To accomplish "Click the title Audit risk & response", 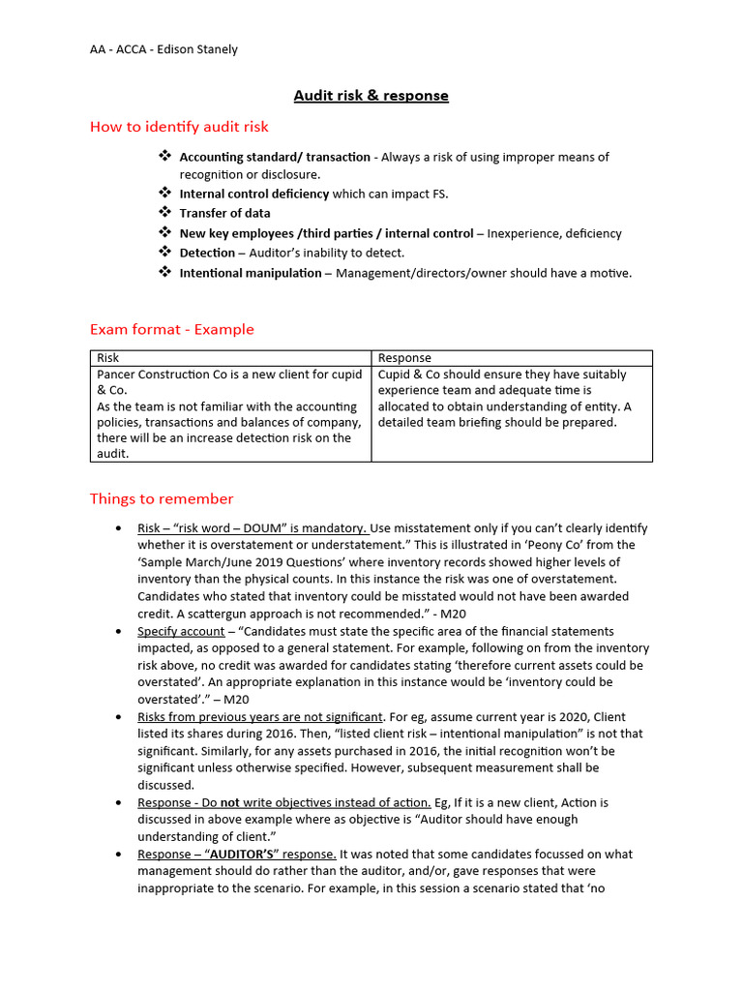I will (x=371, y=95).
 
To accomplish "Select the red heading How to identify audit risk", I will (x=179, y=127).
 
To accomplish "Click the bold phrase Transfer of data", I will (x=224, y=213).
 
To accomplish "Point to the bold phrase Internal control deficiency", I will (x=254, y=194).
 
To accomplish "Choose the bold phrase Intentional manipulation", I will (x=251, y=273).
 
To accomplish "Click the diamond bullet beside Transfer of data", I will (x=164, y=213).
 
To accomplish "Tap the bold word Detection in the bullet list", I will (x=207, y=253).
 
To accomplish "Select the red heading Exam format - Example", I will (x=172, y=329).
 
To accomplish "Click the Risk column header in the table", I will (x=108, y=358).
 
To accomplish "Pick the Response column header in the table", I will (x=404, y=358).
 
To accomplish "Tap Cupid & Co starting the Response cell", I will (x=413, y=375).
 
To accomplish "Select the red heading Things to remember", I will (x=162, y=498).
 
